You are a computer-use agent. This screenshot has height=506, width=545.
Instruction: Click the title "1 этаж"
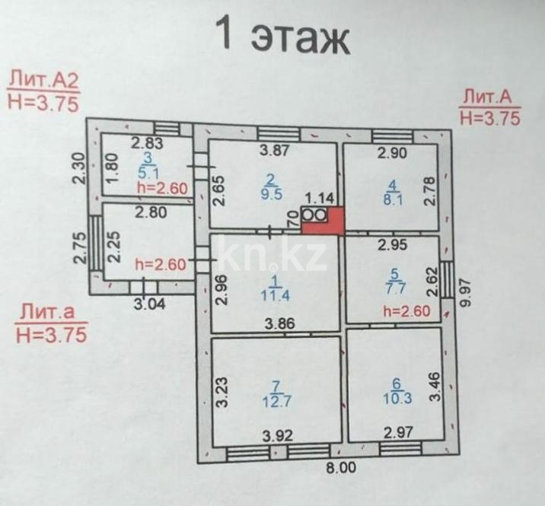(282, 36)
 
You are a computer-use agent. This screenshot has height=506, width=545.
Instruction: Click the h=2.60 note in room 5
(407, 310)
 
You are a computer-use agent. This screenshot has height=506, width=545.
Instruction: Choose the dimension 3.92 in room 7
(279, 437)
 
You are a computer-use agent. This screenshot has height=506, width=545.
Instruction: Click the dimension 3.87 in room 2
(276, 151)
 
